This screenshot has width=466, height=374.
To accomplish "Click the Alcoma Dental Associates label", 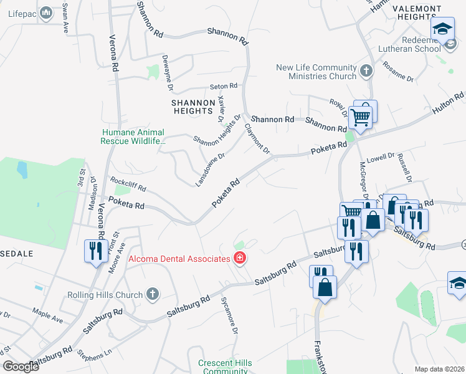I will tap(178, 258).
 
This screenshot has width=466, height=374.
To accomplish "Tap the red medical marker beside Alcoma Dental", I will tap(239, 258).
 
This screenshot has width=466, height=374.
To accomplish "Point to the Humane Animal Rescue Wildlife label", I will tap(133, 137).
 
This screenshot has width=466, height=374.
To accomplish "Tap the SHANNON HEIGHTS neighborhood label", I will tap(193, 107).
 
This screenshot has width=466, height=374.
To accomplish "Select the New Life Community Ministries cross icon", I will tap(366, 71).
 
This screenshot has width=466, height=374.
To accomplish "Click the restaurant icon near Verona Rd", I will tap(95, 251).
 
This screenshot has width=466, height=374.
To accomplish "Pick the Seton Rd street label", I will tap(224, 86).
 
